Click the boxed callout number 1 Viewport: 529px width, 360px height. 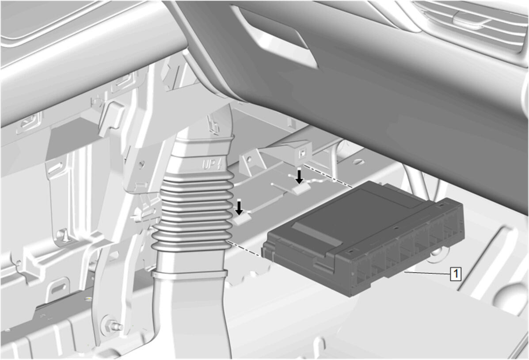click(x=456, y=273)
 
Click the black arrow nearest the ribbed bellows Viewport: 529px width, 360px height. click(x=239, y=208)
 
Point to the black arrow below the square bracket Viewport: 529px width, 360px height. click(x=299, y=176)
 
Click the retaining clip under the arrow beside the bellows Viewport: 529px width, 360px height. click(x=242, y=220)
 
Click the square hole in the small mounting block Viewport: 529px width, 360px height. click(x=303, y=152)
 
